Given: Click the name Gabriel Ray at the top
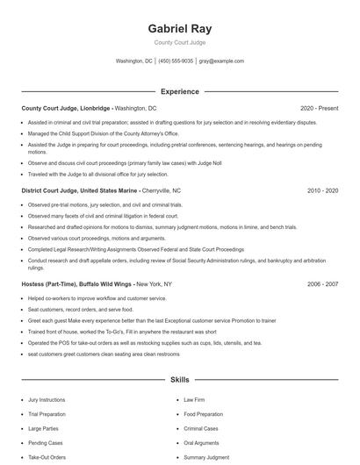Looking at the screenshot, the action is (179, 28).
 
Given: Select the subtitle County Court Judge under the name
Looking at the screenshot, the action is (179, 42).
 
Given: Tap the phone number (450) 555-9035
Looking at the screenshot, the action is (176, 61).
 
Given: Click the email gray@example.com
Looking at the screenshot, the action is (221, 61).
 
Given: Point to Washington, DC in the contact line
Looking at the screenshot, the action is (134, 61).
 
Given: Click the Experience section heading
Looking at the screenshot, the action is (179, 91).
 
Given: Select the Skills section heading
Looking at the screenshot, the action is (179, 380).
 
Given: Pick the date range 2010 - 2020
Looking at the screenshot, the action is (322, 190).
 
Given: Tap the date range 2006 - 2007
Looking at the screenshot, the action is (322, 284).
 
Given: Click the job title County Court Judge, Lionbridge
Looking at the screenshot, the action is (67, 108).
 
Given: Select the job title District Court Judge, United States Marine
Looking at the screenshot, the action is (82, 190).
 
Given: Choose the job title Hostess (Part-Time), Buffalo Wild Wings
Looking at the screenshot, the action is (77, 284).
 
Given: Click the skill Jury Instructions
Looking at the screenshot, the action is (47, 400).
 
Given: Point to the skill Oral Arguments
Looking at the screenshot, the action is (202, 443).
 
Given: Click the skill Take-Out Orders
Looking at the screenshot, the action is (47, 457).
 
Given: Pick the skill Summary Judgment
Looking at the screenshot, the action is (205, 457).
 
